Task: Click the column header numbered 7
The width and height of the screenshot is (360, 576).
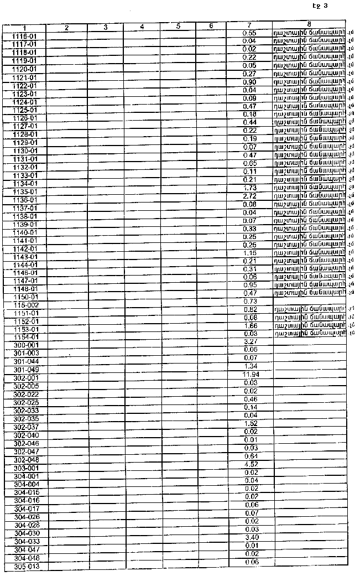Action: [249, 26]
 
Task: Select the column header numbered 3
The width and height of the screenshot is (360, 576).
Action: [105, 27]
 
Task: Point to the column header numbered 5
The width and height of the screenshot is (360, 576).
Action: [179, 26]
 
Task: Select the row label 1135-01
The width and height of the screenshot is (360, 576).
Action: [25, 191]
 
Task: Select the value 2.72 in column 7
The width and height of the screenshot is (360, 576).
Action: [250, 196]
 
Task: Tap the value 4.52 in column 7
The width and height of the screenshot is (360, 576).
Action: [251, 464]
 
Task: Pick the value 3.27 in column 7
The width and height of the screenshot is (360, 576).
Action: [251, 342]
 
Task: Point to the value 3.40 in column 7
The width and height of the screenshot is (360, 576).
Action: [251, 537]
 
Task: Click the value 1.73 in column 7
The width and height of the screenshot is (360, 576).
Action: [250, 188]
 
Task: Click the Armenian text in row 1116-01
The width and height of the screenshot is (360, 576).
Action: [309, 33]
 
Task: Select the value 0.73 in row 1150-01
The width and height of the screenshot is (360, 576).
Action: [251, 301]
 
